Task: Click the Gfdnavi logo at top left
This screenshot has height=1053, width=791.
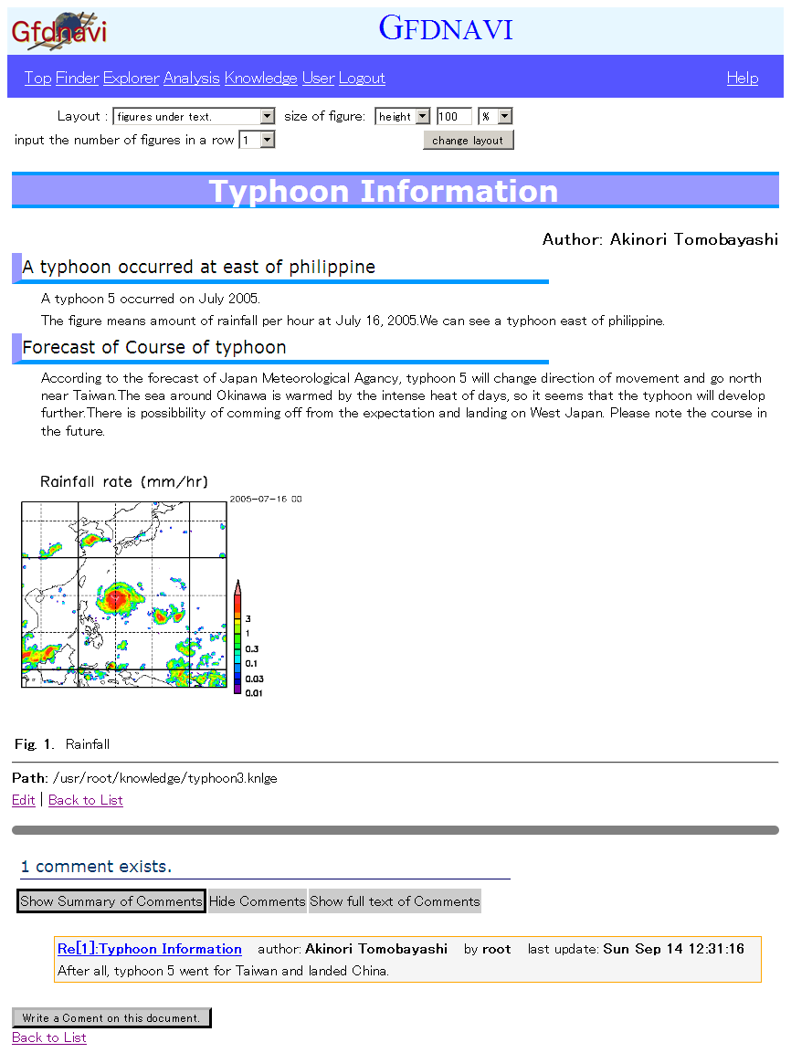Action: coord(59,31)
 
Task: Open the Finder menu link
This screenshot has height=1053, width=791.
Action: coord(77,79)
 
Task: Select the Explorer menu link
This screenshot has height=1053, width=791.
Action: coord(131,79)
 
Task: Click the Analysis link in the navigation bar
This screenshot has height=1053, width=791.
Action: coord(192,79)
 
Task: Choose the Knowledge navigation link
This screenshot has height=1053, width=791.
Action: coord(261,79)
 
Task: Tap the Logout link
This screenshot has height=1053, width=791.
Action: coord(362,79)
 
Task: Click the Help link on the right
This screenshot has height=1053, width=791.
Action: coord(743,79)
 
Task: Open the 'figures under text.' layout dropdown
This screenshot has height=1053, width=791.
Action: coord(195,117)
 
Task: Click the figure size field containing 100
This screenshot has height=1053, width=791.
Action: coord(454,117)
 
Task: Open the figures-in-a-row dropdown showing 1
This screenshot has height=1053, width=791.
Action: coord(257,140)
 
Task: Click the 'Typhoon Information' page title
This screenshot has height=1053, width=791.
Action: coord(384,192)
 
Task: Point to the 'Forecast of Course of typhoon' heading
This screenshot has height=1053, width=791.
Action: coord(154,348)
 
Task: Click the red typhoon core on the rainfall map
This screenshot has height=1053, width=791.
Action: coord(116,598)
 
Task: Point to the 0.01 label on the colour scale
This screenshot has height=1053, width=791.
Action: coord(254,693)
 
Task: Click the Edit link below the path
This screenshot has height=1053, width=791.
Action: coord(24,800)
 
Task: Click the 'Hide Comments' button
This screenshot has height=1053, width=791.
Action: coord(258,901)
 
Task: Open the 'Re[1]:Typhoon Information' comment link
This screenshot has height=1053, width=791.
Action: coord(150,949)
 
